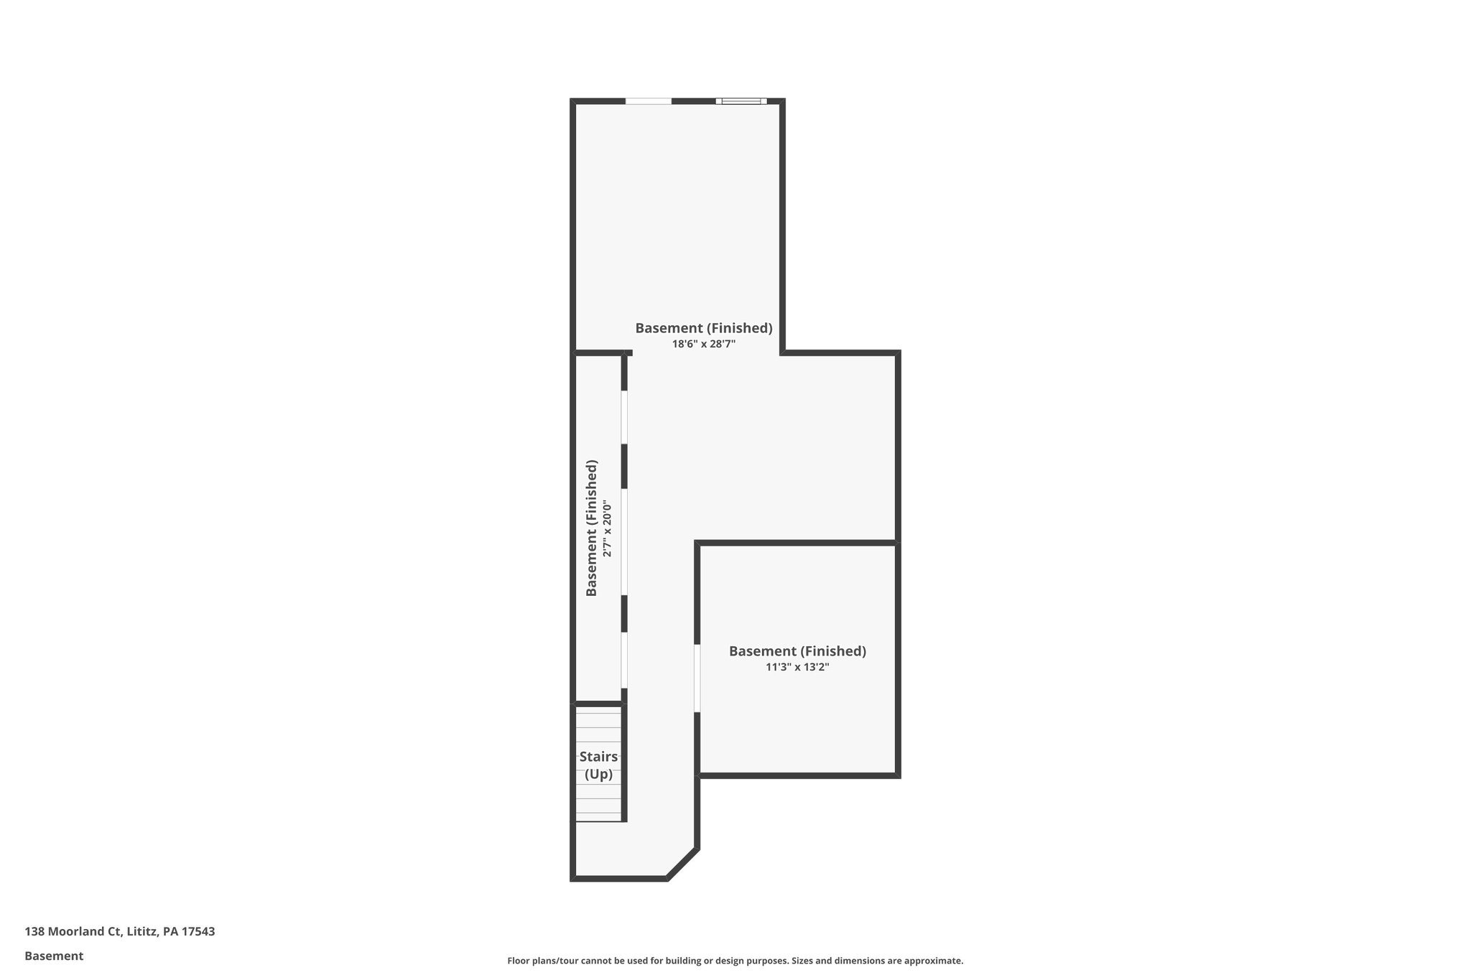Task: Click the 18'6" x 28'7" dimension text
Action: [703, 344]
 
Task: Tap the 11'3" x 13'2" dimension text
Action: [797, 667]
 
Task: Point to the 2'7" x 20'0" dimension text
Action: [608, 530]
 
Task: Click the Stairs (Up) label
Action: [598, 765]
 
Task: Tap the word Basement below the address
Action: [54, 956]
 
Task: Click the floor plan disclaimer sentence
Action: [735, 961]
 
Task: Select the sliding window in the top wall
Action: [741, 101]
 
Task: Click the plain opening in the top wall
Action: [648, 101]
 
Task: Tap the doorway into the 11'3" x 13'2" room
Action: [697, 678]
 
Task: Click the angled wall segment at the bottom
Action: [682, 864]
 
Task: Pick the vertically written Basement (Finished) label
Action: [592, 528]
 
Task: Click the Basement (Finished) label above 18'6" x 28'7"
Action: [703, 328]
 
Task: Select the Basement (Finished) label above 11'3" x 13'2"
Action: [797, 651]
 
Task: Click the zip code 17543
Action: [198, 932]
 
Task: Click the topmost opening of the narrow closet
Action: [624, 417]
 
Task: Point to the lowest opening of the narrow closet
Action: [624, 660]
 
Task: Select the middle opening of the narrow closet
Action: [624, 542]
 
